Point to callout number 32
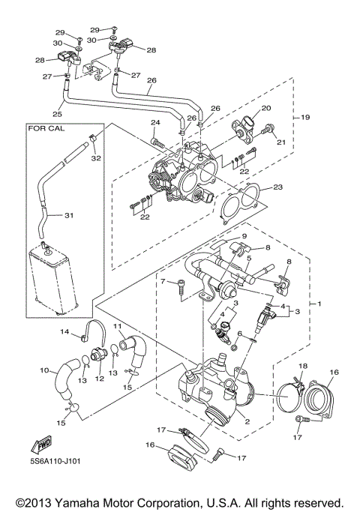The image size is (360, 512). (95, 159)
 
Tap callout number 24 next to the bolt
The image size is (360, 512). (155, 122)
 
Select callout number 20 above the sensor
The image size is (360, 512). (265, 108)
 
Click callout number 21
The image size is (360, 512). (282, 142)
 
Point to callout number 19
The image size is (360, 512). (305, 118)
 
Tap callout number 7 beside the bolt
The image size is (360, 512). (161, 280)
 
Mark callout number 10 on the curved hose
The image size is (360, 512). (43, 370)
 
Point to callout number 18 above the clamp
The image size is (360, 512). (303, 365)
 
